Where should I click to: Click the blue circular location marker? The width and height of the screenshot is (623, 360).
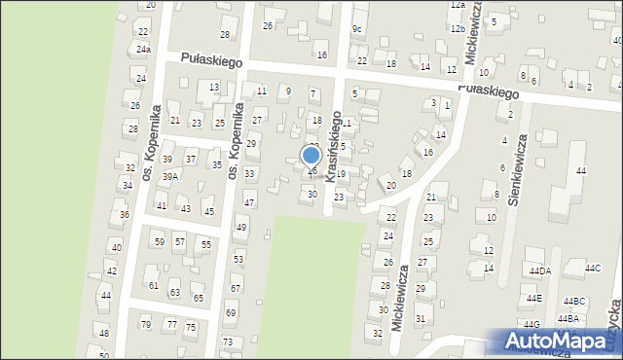311,156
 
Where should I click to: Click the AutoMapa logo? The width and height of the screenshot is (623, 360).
557,342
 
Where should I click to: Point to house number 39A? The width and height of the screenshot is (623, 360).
170,176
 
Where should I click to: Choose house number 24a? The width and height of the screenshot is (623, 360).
143,49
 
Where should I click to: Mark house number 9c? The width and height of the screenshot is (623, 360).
357,29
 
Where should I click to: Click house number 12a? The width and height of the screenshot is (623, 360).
458,5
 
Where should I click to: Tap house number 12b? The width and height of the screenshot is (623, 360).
458,29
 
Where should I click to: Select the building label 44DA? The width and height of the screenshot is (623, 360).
540,270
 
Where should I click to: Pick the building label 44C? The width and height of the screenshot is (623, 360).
592,268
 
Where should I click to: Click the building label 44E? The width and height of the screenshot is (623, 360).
533,299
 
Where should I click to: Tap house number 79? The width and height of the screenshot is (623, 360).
146,324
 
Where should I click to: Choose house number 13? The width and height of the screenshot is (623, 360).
214,88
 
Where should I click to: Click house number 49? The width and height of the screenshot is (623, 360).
241,227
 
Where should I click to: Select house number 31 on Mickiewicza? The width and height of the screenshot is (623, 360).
421,318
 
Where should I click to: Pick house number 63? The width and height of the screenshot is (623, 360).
175,292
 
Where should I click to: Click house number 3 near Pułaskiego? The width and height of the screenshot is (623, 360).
433,102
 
